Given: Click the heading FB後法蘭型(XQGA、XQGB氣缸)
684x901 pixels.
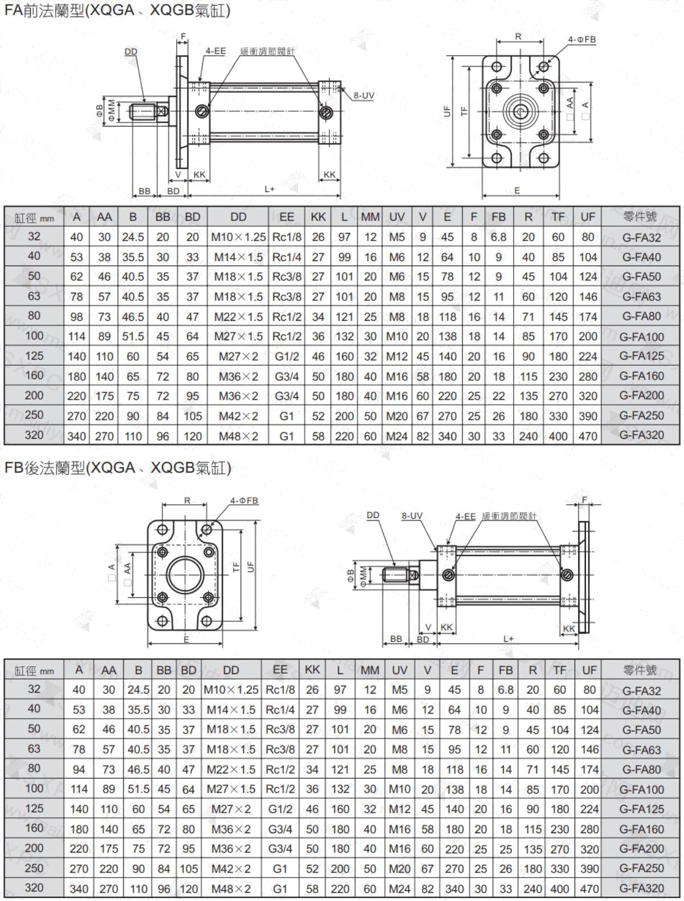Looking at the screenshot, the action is (x=118, y=467).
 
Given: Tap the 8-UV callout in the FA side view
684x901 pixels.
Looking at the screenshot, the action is (x=364, y=95).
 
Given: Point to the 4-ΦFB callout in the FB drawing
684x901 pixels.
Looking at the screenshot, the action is (x=244, y=500).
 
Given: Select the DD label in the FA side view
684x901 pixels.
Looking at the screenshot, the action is (x=131, y=51).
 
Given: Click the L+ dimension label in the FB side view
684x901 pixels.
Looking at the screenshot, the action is (x=508, y=639).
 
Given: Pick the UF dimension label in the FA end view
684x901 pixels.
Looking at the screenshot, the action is (x=447, y=111).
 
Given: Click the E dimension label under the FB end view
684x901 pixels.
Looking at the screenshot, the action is (x=186, y=639).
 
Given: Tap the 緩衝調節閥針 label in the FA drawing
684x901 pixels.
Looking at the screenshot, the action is (x=267, y=51).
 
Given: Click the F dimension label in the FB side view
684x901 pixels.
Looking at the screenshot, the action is (x=585, y=500).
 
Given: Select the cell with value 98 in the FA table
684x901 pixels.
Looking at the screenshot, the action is (x=77, y=316).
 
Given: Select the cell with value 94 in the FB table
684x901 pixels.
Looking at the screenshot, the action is (x=79, y=769).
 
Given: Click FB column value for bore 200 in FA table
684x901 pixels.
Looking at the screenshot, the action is (x=498, y=396).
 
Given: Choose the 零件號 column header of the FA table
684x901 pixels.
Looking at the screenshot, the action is (x=640, y=217).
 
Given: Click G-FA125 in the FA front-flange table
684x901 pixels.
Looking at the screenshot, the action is (x=641, y=356).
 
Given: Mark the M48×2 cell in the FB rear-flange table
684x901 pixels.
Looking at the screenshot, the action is (x=231, y=889).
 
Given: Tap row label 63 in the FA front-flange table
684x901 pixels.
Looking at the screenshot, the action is (x=34, y=296).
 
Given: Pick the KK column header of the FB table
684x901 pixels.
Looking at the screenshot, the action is (x=312, y=670).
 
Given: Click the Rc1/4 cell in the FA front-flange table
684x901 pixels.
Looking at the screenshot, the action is (x=287, y=257).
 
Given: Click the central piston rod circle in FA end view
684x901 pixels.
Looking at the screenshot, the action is (x=520, y=111).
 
